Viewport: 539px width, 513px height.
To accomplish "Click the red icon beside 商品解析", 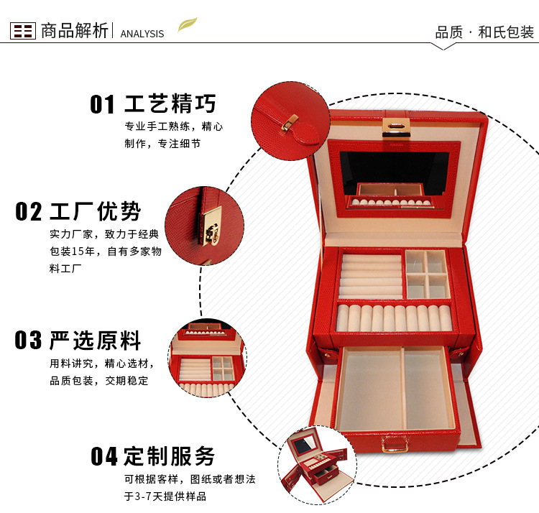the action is coord(23,30).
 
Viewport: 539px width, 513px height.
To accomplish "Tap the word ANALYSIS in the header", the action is coord(142,34).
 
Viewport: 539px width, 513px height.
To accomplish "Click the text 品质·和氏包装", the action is coord(484,32).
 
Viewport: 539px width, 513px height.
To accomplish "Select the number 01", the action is coord(102,104).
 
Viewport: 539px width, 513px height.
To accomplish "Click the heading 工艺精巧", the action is coord(170,103).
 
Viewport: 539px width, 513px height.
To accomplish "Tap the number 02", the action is coord(29,212).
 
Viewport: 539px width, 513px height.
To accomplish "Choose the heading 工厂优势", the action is coord(96,211).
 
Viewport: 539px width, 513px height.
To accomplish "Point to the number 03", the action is coord(29,340).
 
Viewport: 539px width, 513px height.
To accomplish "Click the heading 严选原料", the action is coord(96,340).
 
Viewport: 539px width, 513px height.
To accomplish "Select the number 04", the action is coord(103,456).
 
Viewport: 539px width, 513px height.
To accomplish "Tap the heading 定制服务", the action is coord(170,456).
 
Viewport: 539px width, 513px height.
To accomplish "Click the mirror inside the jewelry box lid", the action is coord(394,170).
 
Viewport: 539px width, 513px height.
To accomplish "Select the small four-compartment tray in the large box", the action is coord(427,273).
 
